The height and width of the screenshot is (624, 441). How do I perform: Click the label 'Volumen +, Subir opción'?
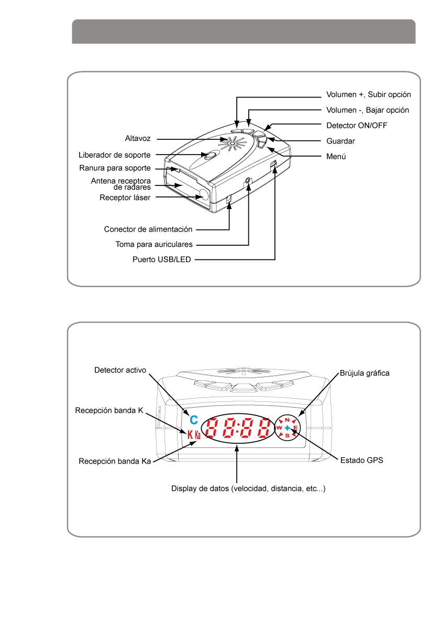click(369, 95)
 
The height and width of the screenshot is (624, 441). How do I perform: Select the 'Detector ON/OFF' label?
click(357, 125)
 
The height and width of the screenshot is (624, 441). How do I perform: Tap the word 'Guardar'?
click(340, 141)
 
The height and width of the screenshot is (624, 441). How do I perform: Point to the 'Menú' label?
click(336, 157)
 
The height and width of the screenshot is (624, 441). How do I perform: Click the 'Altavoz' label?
click(138, 138)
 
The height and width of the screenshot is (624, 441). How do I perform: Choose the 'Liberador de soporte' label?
click(115, 155)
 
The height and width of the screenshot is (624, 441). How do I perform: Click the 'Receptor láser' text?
click(125, 198)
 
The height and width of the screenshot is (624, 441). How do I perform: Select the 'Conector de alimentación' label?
click(148, 229)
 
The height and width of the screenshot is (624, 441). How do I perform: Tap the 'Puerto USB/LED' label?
click(161, 259)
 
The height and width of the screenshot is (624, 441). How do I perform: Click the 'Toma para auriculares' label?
click(154, 244)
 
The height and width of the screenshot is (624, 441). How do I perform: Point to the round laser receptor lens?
click(204, 195)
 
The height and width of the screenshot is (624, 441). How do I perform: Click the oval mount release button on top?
click(210, 155)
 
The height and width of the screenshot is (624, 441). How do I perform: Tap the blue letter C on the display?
click(194, 420)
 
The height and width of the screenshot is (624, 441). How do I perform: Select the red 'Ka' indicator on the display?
click(197, 434)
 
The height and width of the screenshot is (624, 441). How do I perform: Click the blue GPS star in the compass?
click(287, 428)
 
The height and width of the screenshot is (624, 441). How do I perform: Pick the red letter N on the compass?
click(287, 420)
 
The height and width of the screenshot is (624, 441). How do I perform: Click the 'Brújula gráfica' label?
click(365, 373)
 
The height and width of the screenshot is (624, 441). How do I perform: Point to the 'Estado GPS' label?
click(361, 461)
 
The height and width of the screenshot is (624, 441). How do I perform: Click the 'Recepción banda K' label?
click(109, 410)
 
